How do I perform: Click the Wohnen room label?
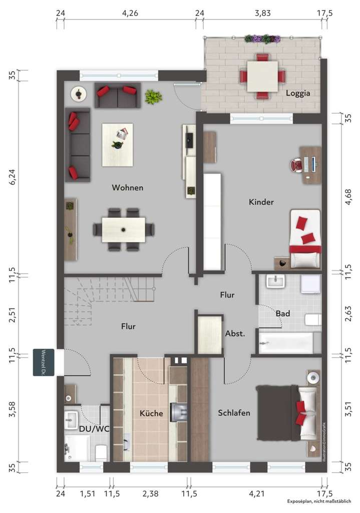point(127,188)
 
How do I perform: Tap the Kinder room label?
point(261,202)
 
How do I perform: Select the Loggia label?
point(298,93)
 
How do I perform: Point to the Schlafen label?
point(234,413)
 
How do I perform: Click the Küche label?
point(151,413)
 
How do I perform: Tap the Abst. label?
point(235,333)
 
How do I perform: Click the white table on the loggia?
point(262,76)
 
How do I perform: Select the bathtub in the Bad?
point(286,343)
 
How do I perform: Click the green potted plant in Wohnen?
point(153,97)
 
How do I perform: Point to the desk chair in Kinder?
point(296,165)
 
